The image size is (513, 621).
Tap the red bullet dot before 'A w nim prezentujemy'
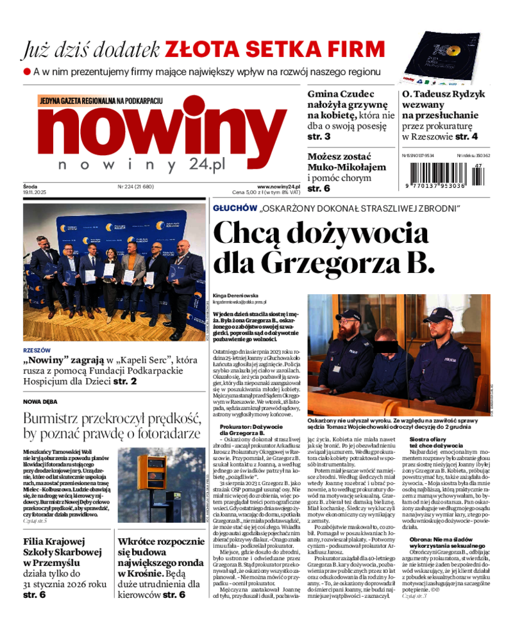pyautogui.click(x=27, y=72)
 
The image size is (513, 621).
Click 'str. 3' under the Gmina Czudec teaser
pyautogui.click(x=319, y=137)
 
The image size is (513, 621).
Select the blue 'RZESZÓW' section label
pyautogui.click(x=37, y=351)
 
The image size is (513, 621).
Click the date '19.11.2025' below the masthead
pyautogui.click(x=35, y=193)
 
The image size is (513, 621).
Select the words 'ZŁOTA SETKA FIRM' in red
pyautogui.click(x=275, y=49)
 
